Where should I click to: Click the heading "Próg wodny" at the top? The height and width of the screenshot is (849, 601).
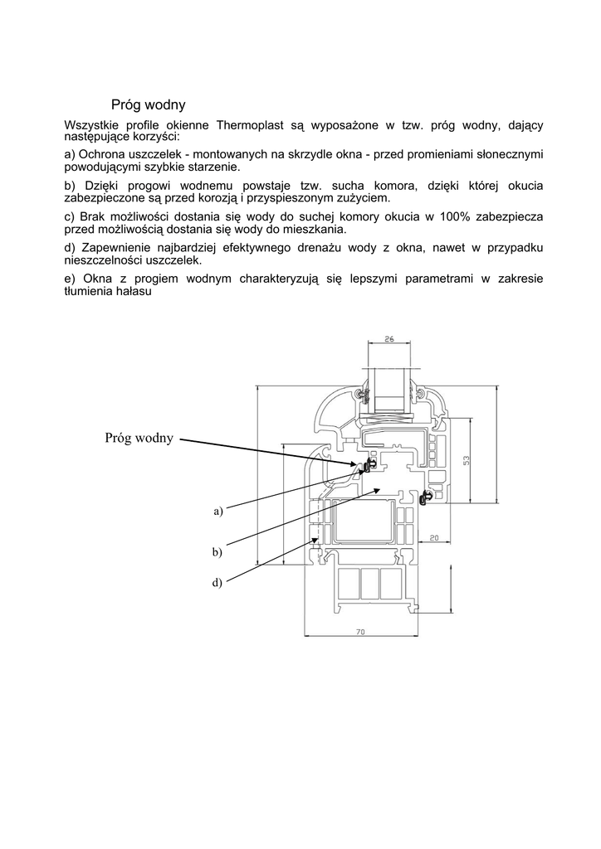click(149, 105)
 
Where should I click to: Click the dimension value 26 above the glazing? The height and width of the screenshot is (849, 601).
click(388, 338)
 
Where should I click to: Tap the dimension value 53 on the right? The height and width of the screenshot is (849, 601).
click(467, 459)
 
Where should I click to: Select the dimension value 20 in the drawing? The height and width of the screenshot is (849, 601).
click(434, 514)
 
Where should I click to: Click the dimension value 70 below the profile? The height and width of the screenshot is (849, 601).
click(360, 632)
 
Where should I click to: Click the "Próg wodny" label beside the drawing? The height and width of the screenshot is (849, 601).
click(139, 438)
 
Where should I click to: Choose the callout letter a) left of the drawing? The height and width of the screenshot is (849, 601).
click(218, 512)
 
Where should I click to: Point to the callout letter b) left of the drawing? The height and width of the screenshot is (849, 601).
click(217, 551)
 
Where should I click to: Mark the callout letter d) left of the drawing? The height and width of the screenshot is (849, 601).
click(217, 583)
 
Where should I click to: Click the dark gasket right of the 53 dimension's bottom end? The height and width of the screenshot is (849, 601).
click(428, 497)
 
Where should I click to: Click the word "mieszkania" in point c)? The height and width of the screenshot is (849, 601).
click(315, 229)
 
